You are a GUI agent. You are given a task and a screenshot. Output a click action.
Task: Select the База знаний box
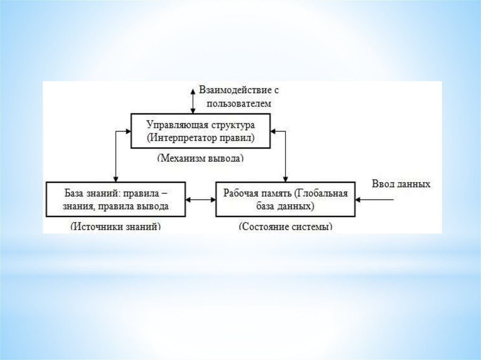116,199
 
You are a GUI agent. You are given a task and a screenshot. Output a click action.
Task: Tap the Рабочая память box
286,199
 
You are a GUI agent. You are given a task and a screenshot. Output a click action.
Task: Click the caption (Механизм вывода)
201,158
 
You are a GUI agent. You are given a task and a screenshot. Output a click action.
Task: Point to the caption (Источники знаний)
116,226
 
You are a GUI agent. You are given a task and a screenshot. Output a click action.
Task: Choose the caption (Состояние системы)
286,226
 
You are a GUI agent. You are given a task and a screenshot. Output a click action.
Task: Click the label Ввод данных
401,184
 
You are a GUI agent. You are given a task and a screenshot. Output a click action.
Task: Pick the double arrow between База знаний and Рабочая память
201,199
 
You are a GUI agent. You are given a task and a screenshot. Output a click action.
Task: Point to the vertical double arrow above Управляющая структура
192,100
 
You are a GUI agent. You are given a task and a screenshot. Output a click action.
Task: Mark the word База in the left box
74,193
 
